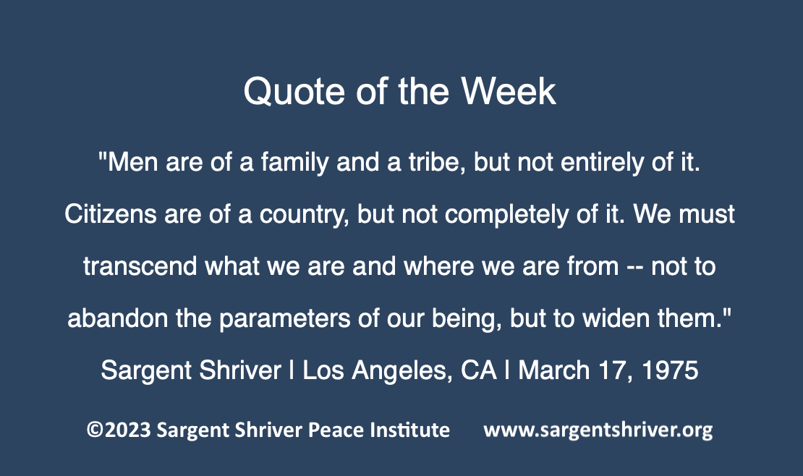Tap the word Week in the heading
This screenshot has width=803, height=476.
click(508, 91)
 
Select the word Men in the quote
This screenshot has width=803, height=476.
click(132, 163)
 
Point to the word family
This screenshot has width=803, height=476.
click(294, 163)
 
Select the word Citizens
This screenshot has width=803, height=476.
click(110, 214)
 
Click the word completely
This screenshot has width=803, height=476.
click(506, 215)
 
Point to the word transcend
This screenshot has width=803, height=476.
click(140, 266)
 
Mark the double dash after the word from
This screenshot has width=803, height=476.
click(635, 268)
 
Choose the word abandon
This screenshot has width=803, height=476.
click(118, 318)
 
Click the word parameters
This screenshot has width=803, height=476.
click(285, 319)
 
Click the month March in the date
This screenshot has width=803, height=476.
click(553, 370)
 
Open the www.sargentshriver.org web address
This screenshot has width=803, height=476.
click(598, 430)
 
